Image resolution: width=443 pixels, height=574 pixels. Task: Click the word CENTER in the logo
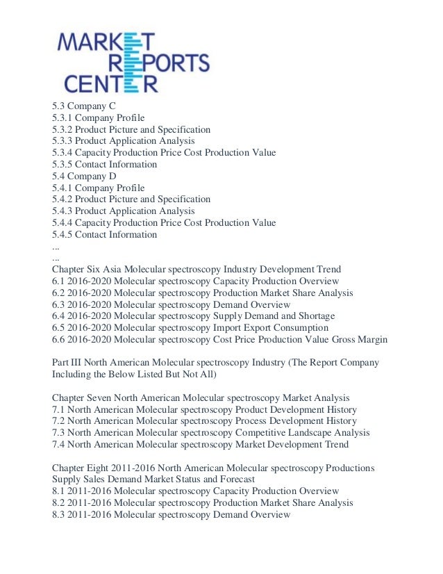111,83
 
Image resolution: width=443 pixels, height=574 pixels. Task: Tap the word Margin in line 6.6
371,339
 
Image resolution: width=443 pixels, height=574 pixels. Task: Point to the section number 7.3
59,433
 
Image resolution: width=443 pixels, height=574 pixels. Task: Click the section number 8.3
59,515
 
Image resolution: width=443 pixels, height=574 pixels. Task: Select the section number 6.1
59,281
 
